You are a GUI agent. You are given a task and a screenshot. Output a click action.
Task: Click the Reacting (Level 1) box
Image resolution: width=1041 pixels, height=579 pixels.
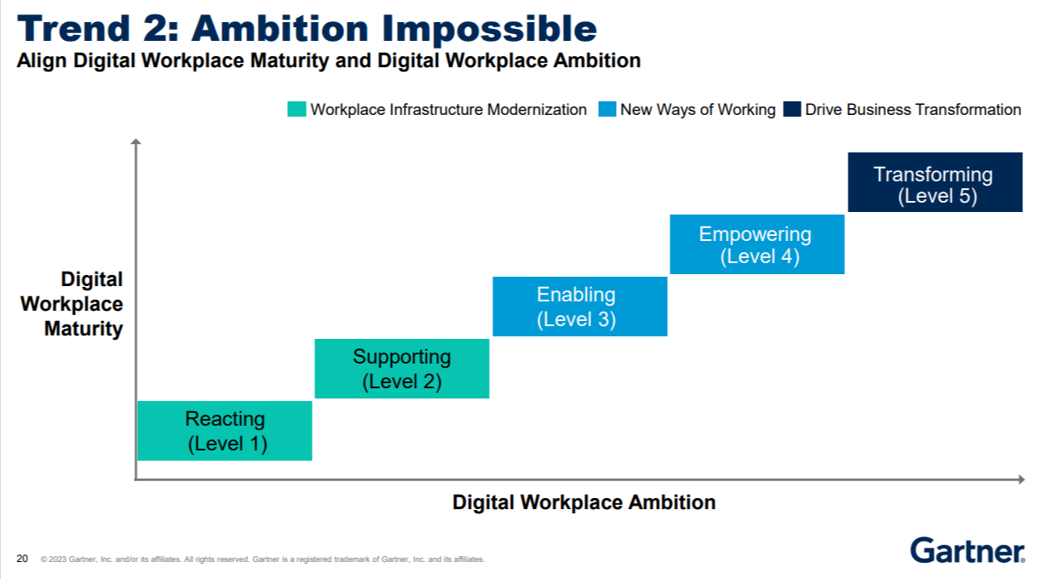click(225, 431)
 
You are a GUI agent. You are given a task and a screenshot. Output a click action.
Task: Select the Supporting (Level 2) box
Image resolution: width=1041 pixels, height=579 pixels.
click(402, 369)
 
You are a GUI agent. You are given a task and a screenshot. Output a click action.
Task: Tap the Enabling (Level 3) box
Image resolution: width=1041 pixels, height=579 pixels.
click(579, 307)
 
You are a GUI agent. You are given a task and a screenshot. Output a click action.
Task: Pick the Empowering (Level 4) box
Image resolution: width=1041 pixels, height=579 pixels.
click(757, 244)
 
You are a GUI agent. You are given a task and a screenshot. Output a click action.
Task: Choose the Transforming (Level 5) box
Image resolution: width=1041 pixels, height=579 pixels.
click(935, 182)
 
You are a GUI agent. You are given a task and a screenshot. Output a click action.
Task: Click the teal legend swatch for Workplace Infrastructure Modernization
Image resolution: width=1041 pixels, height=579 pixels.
click(296, 110)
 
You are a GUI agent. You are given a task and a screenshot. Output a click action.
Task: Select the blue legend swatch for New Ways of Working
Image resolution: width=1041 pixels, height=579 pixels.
click(607, 110)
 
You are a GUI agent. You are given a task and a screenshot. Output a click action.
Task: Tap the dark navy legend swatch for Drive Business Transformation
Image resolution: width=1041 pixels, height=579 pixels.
click(792, 110)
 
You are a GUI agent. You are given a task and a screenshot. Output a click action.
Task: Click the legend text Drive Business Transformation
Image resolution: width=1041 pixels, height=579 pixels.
click(913, 110)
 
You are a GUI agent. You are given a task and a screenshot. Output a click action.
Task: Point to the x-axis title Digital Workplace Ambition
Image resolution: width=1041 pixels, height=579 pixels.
click(584, 502)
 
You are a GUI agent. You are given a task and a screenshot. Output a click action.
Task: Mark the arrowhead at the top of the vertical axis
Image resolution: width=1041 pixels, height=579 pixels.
click(135, 142)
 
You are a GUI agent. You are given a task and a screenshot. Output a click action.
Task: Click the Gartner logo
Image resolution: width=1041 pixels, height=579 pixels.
click(967, 551)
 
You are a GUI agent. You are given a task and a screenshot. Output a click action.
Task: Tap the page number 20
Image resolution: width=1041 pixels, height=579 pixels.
click(22, 559)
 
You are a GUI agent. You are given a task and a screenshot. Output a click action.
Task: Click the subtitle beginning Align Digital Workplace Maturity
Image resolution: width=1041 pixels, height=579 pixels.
click(329, 60)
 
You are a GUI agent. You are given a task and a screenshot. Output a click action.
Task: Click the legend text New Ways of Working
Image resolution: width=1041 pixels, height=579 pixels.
click(698, 110)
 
